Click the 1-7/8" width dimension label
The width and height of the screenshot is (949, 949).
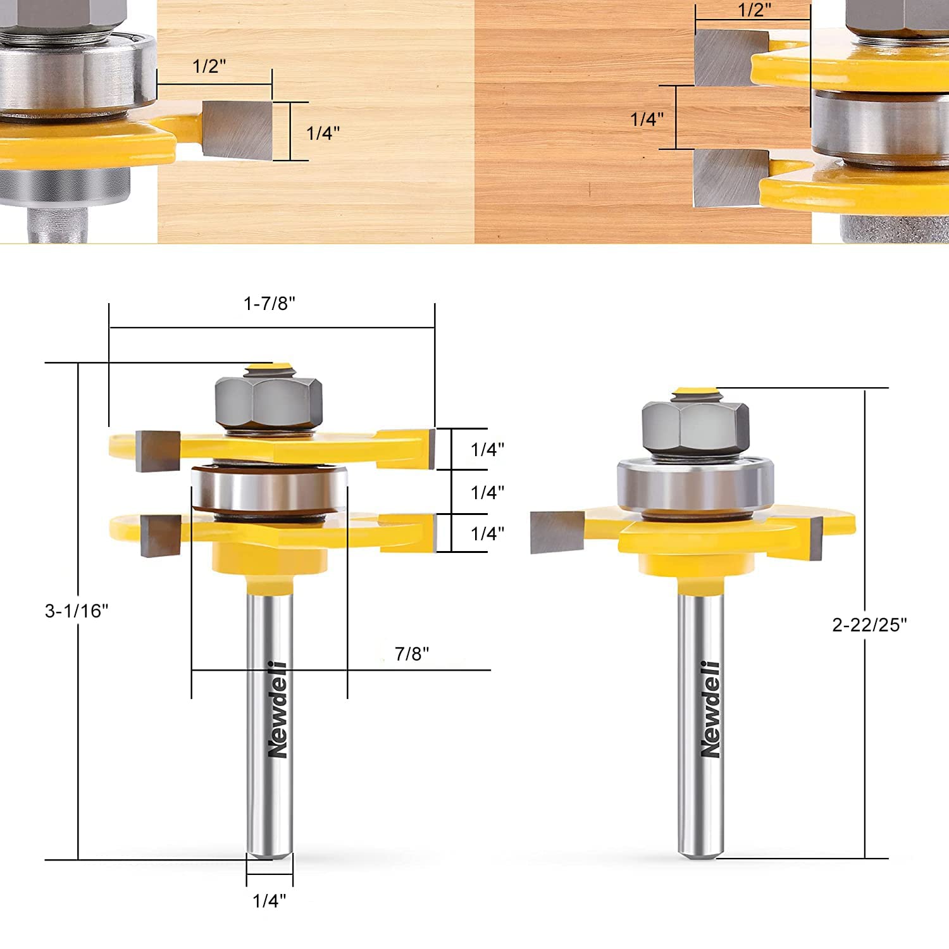pos(270,304)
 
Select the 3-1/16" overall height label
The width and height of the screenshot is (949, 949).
pos(77,611)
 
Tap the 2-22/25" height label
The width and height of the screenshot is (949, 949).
pos(869,625)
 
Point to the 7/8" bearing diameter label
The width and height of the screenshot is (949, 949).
pos(412,654)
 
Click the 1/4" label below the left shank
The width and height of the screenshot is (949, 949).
pos(270,901)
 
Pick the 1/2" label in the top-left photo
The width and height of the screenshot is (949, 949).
pos(209,66)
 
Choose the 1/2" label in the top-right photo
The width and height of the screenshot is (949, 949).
pos(755,11)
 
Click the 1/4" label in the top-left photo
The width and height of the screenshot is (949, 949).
pos(323,133)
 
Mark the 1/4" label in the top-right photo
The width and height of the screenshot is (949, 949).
pos(647,119)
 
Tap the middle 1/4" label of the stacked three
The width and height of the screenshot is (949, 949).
pos(487,492)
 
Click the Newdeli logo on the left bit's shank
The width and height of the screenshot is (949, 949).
pos(277,709)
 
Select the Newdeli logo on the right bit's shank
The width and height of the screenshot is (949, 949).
pos(710,709)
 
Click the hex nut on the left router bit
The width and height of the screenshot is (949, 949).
pos(269,404)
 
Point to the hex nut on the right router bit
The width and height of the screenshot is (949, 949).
pos(695,428)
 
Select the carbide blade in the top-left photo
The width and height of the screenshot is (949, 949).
pos(239,130)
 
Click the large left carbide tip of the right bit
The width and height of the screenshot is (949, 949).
pos(556,531)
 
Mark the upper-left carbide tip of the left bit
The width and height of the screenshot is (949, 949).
pos(158,450)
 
